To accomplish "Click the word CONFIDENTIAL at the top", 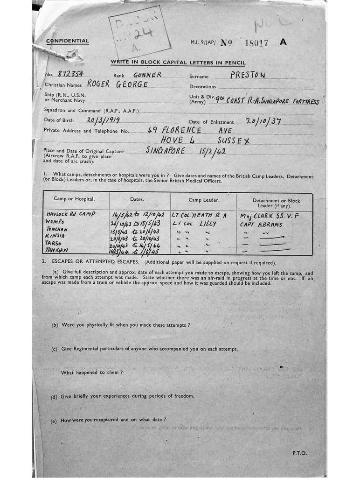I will [67, 41].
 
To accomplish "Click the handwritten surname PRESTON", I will [248, 75].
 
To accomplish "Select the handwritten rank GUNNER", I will [147, 75].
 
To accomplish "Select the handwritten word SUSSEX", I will [235, 140].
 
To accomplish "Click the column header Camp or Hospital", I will [74, 199].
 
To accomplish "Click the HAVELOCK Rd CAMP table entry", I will [71, 214].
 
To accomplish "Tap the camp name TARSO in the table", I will [55, 243].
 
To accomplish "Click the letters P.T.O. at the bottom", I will [299, 453].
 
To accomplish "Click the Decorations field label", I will [203, 87].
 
